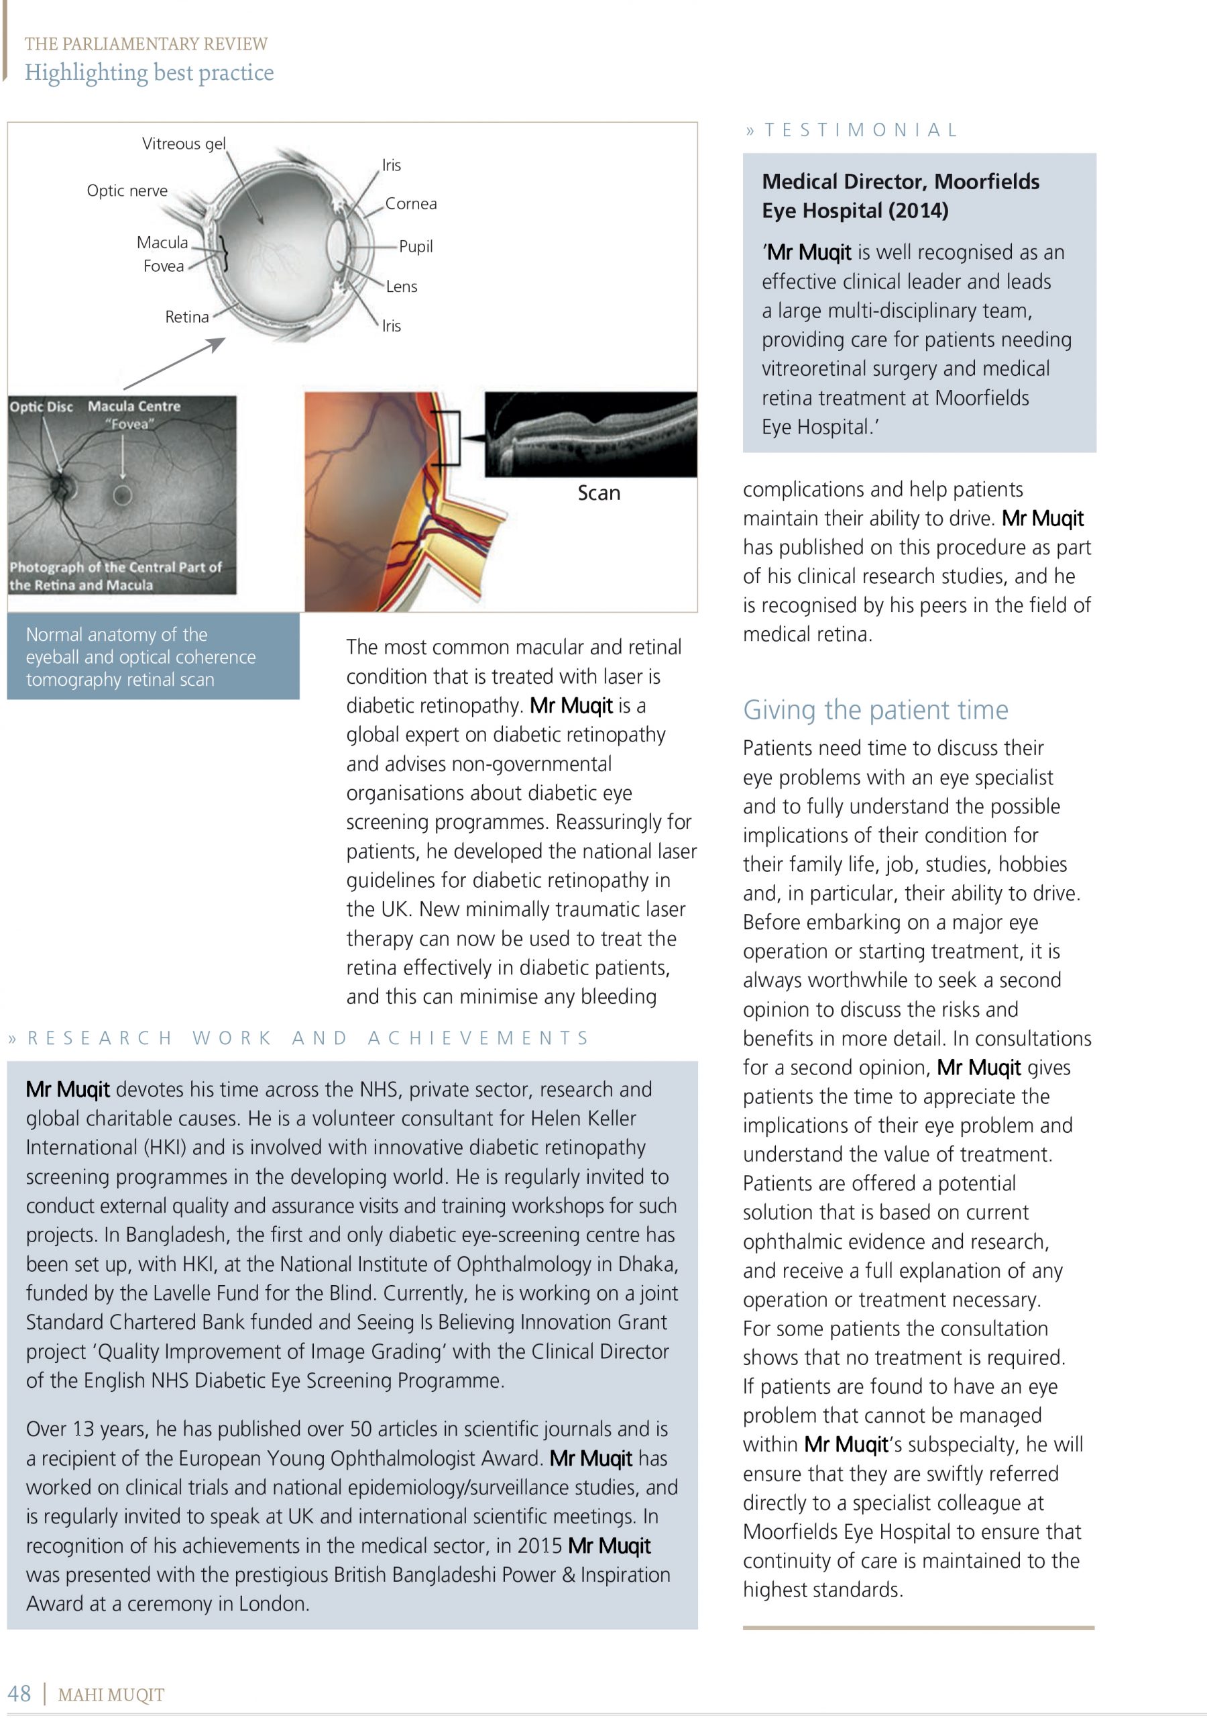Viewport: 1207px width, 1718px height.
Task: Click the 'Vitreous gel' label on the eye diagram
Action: [183, 144]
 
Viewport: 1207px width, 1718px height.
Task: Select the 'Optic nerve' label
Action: [127, 191]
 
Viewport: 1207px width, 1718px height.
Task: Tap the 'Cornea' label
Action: [410, 203]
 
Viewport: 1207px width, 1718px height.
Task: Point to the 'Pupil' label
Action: [416, 246]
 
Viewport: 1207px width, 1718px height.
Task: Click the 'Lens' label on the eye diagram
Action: [402, 287]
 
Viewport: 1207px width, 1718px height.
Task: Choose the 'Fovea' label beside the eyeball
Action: [164, 266]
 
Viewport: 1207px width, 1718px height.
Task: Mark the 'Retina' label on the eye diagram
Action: [187, 317]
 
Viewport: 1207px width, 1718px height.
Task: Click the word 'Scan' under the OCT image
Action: [598, 493]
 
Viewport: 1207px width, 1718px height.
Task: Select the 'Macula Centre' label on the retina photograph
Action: [134, 406]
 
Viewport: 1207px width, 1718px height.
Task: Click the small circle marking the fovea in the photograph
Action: [123, 495]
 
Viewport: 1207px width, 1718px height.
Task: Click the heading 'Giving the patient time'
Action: [875, 709]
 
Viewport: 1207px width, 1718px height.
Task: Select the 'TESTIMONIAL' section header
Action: [860, 130]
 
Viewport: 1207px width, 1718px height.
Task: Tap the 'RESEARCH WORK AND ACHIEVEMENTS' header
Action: [307, 1038]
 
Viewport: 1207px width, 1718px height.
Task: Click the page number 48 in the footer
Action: [19, 1693]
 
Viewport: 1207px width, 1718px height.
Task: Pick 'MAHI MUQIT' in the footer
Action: [111, 1695]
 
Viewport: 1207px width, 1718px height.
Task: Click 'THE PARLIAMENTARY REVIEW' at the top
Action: [146, 44]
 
